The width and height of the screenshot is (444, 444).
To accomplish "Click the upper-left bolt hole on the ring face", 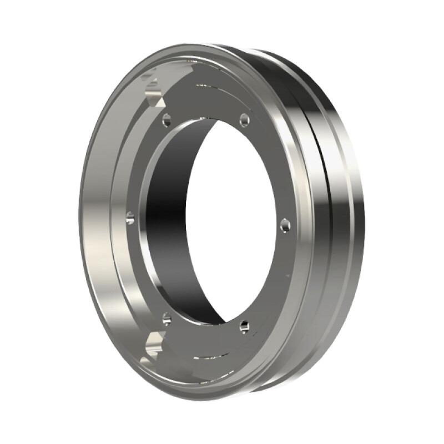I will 167,118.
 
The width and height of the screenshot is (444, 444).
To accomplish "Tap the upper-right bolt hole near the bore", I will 244,119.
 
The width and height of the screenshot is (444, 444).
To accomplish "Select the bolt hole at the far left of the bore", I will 130,218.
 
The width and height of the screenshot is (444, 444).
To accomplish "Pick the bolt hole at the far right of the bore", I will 285,225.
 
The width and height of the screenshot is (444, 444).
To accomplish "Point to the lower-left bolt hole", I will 167,319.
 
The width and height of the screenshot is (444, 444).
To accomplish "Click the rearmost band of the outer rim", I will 350,222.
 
